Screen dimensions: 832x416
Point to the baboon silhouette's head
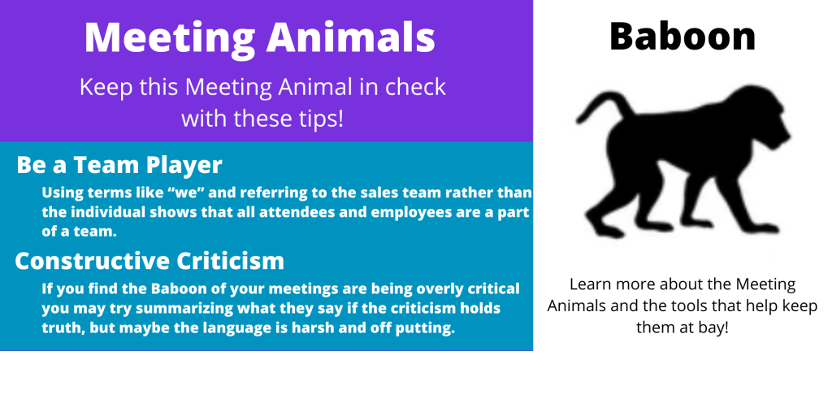pyautogui.click(x=764, y=119)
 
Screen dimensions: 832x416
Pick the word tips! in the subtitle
pyautogui.click(x=319, y=119)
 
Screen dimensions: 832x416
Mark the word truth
pyautogui.click(x=62, y=328)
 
